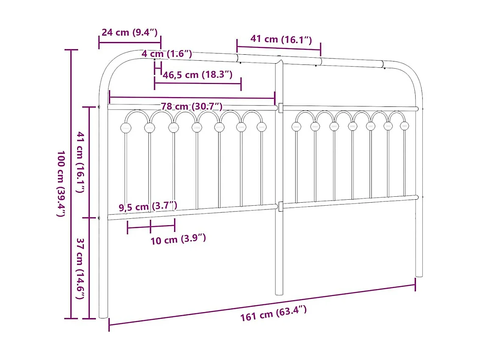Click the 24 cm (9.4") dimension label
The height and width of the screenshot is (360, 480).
coord(129,32)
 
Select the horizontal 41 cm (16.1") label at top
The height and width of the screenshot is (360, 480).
coord(281,39)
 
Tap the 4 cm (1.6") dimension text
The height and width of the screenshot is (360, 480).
coord(166,54)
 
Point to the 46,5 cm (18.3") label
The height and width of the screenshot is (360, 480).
coord(197,75)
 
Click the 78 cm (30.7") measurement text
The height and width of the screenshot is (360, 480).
coord(191,106)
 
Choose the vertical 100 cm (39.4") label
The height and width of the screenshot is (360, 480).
coord(61,184)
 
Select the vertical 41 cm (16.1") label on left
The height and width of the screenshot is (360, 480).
coord(80,162)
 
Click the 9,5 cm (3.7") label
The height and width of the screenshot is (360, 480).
coord(147,207)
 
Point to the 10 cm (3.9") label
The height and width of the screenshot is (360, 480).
coord(178,240)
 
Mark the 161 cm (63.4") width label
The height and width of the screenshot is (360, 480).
coord(273,314)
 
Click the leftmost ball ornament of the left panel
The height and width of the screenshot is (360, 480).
coord(125,127)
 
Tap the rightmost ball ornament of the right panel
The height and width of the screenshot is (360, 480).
coord(405,126)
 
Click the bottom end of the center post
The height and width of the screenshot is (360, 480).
coord(279,292)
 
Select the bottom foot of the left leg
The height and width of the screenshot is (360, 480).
coord(103,315)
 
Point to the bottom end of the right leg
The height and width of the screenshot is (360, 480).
coord(419,274)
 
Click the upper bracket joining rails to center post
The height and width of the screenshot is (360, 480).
coord(280,108)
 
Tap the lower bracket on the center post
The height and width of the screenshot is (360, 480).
coord(280,207)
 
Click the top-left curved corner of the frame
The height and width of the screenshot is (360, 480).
coord(108,64)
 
